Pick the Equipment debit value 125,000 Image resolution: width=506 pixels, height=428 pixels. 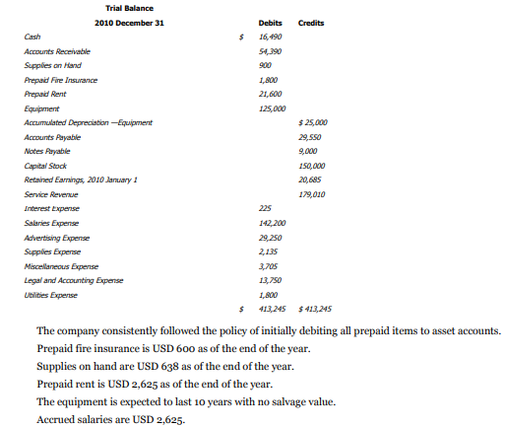[x=271, y=108]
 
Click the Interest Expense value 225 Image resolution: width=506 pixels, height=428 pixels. [x=264, y=209]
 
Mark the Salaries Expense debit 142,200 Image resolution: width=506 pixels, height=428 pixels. [x=271, y=224]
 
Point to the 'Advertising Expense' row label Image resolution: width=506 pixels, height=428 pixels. [x=59, y=238]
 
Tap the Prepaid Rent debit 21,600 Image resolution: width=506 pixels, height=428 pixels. [x=270, y=94]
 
